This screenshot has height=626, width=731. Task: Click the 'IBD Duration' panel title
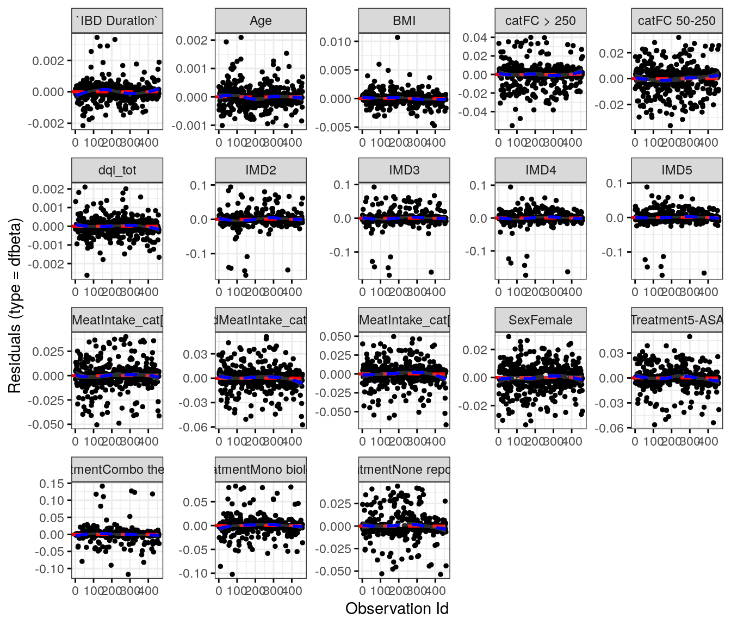[x=117, y=21]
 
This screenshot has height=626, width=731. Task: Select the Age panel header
[x=261, y=21]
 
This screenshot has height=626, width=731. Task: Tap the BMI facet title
[x=404, y=21]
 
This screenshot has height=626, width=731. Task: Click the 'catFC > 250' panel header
[x=540, y=21]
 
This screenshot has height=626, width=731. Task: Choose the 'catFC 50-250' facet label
[x=677, y=21]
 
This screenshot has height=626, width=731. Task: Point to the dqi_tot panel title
[x=117, y=170]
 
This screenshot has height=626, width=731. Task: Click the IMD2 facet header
[x=261, y=170]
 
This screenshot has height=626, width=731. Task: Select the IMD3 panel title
[x=404, y=170]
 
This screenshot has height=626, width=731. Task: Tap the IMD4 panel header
[x=540, y=170]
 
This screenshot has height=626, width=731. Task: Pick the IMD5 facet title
[x=677, y=170]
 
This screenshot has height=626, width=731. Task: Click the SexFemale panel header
[x=540, y=320]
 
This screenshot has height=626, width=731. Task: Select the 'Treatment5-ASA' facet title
[x=677, y=320]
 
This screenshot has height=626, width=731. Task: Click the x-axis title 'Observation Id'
[x=397, y=609]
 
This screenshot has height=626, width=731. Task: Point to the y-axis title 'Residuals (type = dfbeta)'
[x=15, y=306]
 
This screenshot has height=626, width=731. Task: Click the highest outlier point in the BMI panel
[x=398, y=37]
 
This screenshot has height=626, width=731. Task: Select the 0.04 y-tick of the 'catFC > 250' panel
[x=475, y=37]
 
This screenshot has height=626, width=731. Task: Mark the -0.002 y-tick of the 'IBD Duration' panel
[x=48, y=123]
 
